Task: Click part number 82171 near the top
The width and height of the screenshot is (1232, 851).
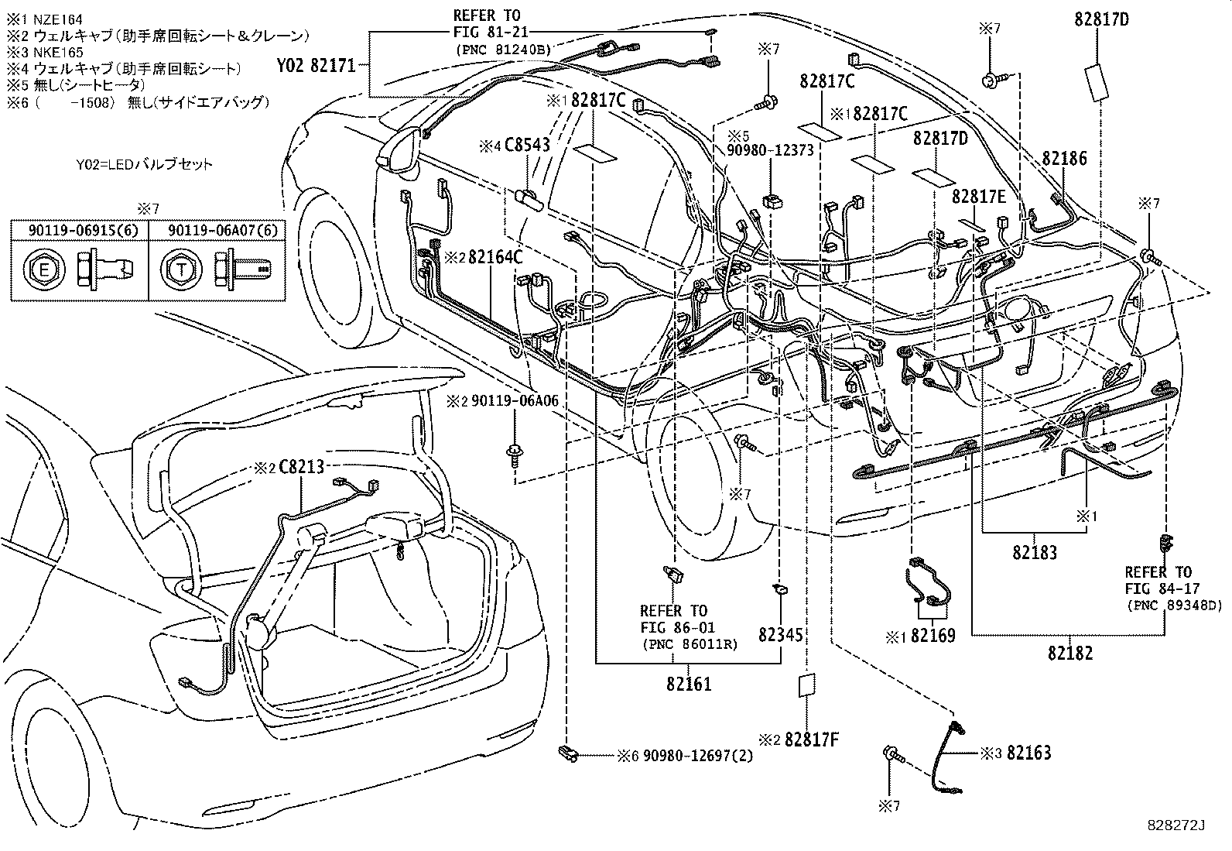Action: point(333,66)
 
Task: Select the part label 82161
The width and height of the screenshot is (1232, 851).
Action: point(688,685)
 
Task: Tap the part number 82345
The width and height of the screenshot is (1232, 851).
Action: point(780,635)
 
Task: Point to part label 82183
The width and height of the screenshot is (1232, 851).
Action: point(1034,553)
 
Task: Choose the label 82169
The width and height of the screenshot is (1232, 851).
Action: point(933,636)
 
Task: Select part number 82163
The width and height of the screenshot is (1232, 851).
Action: point(1028,752)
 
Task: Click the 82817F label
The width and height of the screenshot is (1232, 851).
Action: point(811,739)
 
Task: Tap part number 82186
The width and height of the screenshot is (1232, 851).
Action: point(1064,158)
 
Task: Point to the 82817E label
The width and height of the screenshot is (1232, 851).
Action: point(978,197)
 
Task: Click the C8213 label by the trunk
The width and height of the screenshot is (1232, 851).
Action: point(300,468)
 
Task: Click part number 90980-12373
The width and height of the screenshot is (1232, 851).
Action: point(769,150)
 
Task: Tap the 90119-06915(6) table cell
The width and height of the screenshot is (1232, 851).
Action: point(79,230)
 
